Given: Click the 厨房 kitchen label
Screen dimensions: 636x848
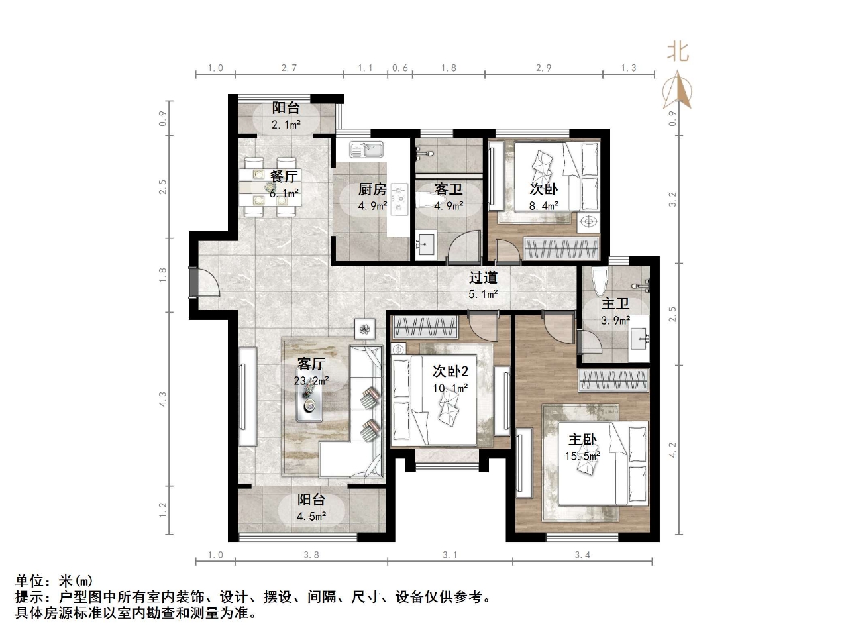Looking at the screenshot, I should [x=372, y=189].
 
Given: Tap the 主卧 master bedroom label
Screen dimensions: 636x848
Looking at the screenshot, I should [x=582, y=439].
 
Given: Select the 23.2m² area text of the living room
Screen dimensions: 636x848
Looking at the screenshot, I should [x=311, y=380].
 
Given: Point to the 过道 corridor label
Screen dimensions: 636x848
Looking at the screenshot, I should [x=483, y=278].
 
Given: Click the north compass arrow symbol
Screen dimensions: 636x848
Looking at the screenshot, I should [x=678, y=91].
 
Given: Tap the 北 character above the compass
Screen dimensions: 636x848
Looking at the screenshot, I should [x=677, y=52].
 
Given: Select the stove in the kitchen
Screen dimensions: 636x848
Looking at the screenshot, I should [x=399, y=199].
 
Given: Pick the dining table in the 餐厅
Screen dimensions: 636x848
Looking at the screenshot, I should [x=268, y=187].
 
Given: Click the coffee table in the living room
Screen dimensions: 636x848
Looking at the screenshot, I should [x=310, y=401].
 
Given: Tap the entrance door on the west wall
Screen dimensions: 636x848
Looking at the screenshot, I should [x=193, y=283].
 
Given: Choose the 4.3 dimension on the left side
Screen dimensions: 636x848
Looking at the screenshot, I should [x=163, y=399].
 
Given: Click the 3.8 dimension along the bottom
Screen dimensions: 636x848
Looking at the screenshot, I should [x=311, y=555].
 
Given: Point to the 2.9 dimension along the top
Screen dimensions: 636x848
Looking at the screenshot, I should [x=543, y=68].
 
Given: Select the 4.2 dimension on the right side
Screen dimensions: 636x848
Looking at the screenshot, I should [x=673, y=450].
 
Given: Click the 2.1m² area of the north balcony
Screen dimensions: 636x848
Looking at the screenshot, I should [x=286, y=125].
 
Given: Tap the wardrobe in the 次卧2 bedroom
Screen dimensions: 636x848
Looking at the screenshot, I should [x=426, y=327].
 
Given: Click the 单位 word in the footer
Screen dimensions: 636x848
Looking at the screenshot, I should [x=31, y=581].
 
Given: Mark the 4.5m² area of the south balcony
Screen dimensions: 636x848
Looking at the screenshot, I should [x=311, y=516].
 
